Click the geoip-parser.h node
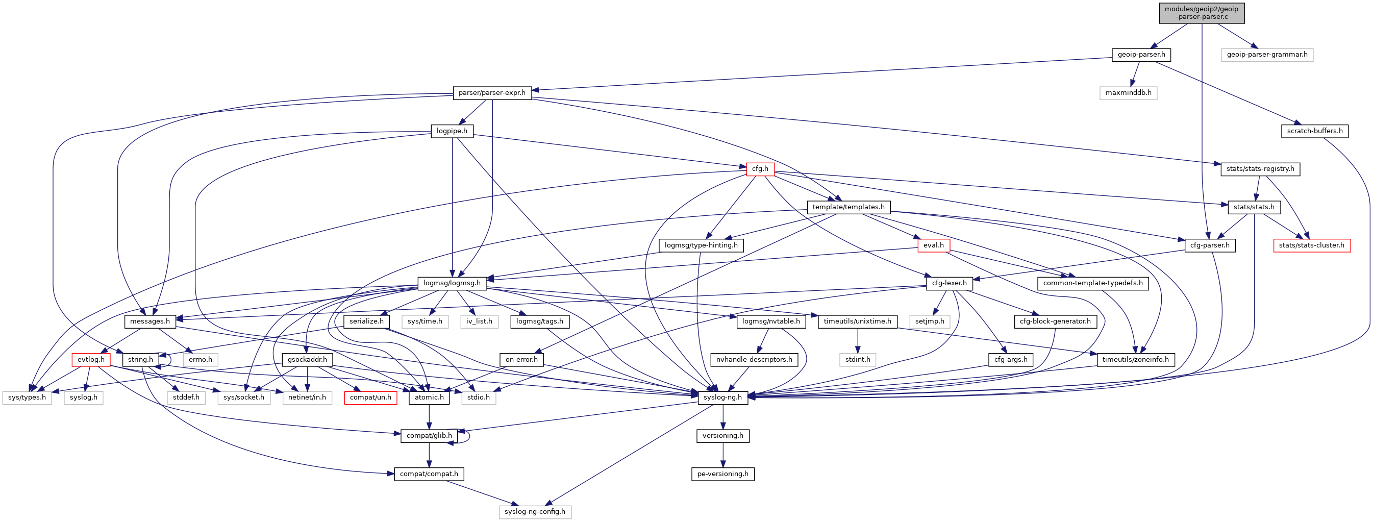click(x=1141, y=55)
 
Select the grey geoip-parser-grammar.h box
click(x=1266, y=55)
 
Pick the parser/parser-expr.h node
click(x=492, y=93)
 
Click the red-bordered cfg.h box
click(x=760, y=169)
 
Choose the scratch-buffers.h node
click(x=1314, y=131)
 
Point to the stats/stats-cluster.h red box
click(x=1312, y=245)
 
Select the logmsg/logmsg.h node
click(x=452, y=283)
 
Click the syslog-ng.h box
click(x=722, y=397)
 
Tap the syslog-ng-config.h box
click(x=535, y=512)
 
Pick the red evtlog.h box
click(x=91, y=359)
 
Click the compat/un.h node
click(x=370, y=397)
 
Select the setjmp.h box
click(x=930, y=321)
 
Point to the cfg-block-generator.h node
click(x=1055, y=321)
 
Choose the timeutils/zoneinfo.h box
click(x=1135, y=359)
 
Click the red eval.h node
click(x=933, y=245)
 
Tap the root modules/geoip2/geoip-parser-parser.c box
click(x=1202, y=13)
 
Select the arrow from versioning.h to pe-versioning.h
click(x=723, y=454)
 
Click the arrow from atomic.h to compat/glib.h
click(x=429, y=416)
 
